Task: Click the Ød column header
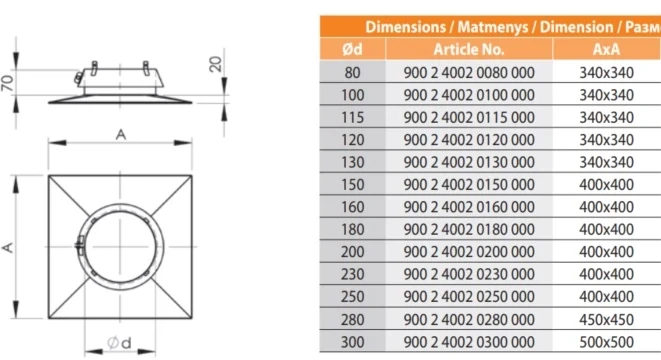pyautogui.click(x=352, y=49)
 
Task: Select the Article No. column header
pyautogui.click(x=469, y=49)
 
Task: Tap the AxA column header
pyautogui.click(x=606, y=49)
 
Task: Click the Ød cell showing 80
pyautogui.click(x=352, y=73)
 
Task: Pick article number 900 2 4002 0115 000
pyautogui.click(x=469, y=117)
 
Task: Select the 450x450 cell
pyautogui.click(x=606, y=319)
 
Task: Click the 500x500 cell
pyautogui.click(x=606, y=342)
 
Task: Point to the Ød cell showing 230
pyautogui.click(x=352, y=274)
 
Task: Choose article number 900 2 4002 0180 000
pyautogui.click(x=469, y=229)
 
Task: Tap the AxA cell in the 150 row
pyautogui.click(x=606, y=185)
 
